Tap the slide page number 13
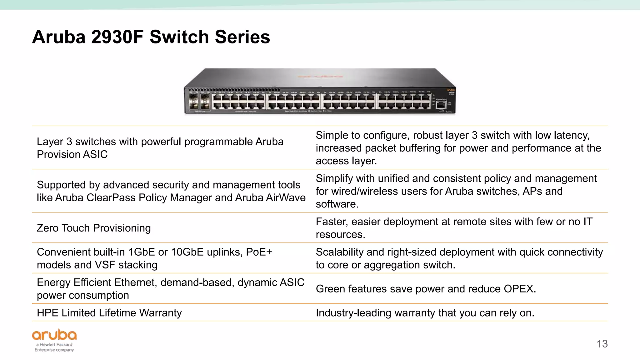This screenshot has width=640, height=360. (x=602, y=344)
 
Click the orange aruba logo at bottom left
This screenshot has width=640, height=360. (x=54, y=335)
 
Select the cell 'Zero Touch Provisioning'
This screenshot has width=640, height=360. (x=94, y=228)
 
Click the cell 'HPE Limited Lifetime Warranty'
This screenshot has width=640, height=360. (x=109, y=312)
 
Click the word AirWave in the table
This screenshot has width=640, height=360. (x=286, y=197)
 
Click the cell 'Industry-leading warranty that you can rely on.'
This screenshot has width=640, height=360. (x=425, y=312)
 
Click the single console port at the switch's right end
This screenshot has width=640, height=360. (x=441, y=104)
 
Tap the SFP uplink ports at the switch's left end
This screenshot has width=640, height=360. (x=199, y=102)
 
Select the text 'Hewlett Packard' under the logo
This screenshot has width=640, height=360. (x=56, y=344)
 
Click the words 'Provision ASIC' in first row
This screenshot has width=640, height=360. (x=72, y=154)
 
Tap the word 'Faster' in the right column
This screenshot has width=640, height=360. (x=331, y=222)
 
